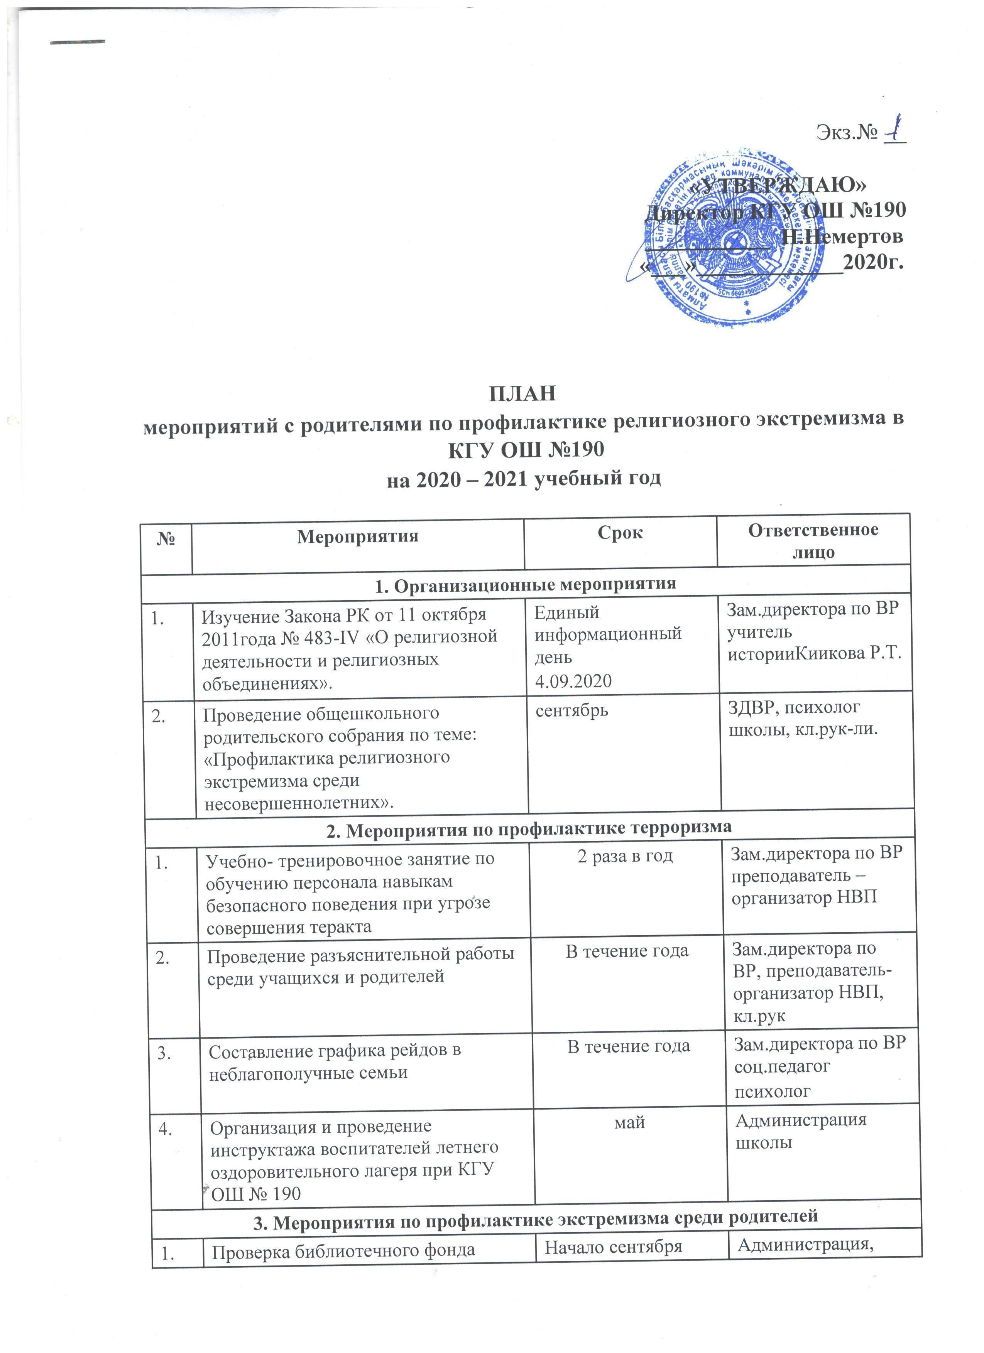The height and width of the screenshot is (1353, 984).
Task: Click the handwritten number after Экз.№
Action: tap(894, 130)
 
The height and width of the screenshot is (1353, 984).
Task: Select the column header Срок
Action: tap(620, 533)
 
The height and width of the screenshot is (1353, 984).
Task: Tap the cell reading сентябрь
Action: tap(571, 710)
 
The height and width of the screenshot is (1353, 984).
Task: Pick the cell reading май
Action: tap(629, 1122)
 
